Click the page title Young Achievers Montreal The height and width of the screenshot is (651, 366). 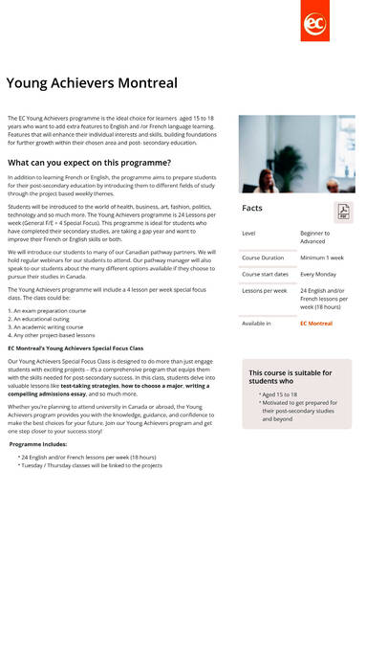[92, 83]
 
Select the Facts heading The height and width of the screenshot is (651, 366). [252, 208]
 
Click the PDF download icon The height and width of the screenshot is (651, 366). [342, 212]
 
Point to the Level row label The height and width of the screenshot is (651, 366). [248, 233]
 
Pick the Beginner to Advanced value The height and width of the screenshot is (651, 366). [315, 236]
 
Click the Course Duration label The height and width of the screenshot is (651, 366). [263, 258]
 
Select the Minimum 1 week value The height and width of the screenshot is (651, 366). [322, 258]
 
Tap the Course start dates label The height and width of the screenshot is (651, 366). [265, 274]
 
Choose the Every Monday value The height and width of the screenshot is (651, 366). [319, 274]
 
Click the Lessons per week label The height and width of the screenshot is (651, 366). [264, 290]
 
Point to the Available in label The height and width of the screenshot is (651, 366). [256, 324]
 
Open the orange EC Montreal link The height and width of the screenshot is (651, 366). [316, 324]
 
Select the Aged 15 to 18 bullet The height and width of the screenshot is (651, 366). [282, 394]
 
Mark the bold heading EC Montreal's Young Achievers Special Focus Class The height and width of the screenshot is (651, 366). [75, 348]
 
